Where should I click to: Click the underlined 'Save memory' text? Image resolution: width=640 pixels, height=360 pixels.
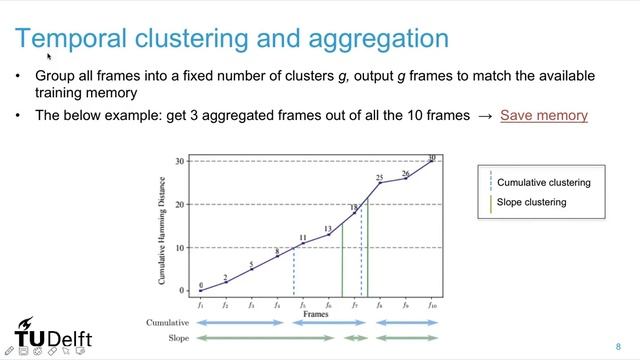(x=543, y=115)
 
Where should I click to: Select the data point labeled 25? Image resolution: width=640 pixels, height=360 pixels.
(x=380, y=183)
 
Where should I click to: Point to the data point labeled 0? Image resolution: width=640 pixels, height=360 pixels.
(x=200, y=291)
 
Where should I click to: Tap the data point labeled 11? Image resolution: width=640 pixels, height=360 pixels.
(x=303, y=244)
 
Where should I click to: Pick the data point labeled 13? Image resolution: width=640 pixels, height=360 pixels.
(x=328, y=235)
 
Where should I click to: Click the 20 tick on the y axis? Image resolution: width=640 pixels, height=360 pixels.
(x=181, y=204)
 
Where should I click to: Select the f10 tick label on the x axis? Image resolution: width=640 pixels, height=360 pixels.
(x=432, y=304)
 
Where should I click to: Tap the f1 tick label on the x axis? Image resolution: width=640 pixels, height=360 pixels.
(x=200, y=304)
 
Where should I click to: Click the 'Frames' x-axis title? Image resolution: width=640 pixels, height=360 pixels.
(x=315, y=313)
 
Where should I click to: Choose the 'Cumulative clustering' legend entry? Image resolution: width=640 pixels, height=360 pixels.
(x=543, y=183)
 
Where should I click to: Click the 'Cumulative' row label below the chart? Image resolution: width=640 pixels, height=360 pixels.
(x=167, y=324)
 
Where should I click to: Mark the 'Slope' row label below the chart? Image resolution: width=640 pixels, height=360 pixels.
(x=175, y=338)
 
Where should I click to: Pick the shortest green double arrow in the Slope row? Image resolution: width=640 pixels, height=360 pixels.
(x=354, y=338)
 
